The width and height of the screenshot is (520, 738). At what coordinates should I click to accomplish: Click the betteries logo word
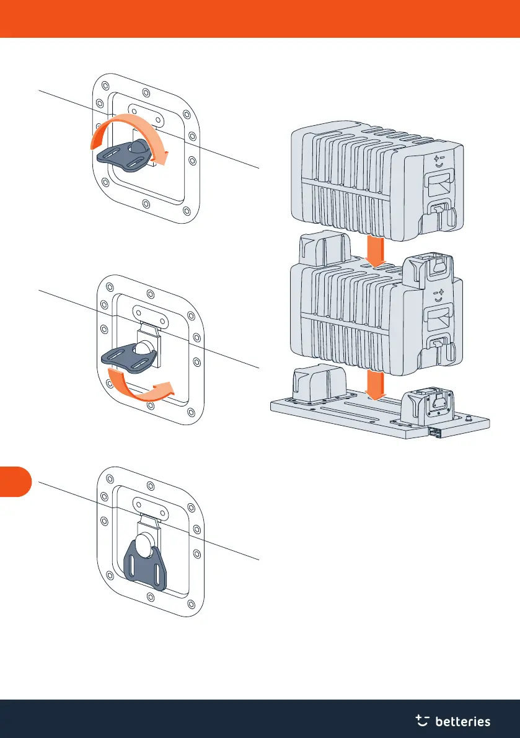click(463, 721)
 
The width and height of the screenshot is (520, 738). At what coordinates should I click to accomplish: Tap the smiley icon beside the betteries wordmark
click(423, 719)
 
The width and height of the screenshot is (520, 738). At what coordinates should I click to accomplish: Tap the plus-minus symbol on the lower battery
click(439, 292)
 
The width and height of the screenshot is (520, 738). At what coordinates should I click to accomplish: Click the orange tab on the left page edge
click(15, 481)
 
